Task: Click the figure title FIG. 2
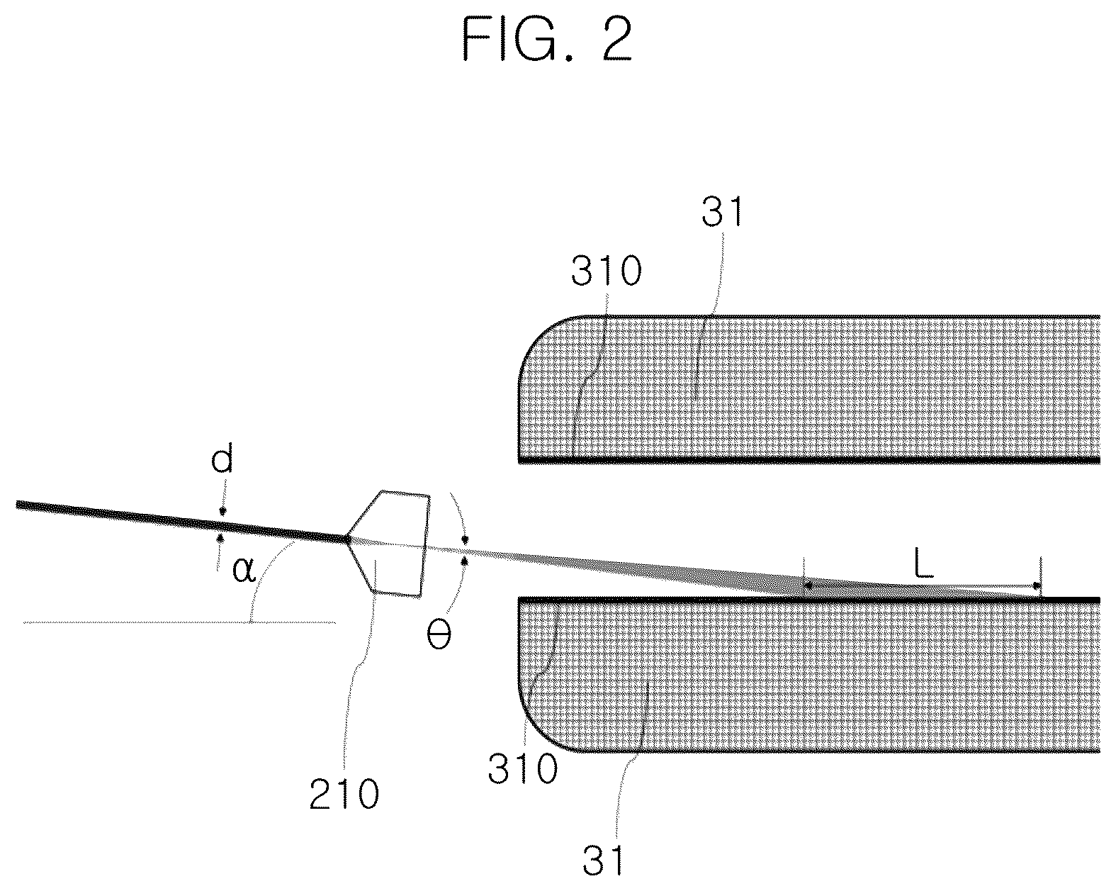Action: (546, 40)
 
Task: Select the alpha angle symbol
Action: (244, 569)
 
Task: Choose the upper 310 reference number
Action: (607, 270)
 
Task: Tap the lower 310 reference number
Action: (523, 768)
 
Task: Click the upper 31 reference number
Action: (723, 212)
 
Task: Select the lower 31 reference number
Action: (602, 860)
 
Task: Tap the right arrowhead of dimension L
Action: (1037, 586)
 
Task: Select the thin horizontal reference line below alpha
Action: (179, 622)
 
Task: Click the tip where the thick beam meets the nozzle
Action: (346, 539)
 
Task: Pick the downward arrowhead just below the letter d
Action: (223, 512)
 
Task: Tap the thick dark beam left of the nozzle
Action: (181, 522)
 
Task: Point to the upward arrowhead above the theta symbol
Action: (465, 560)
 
